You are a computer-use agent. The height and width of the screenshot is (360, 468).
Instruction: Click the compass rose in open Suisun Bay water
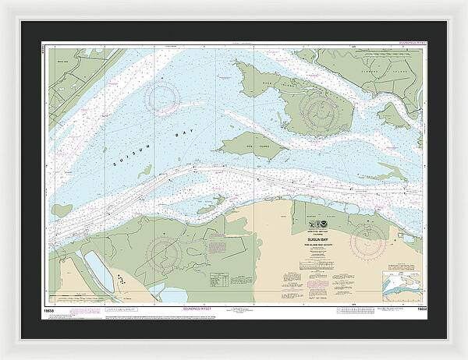coord(164,97)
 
